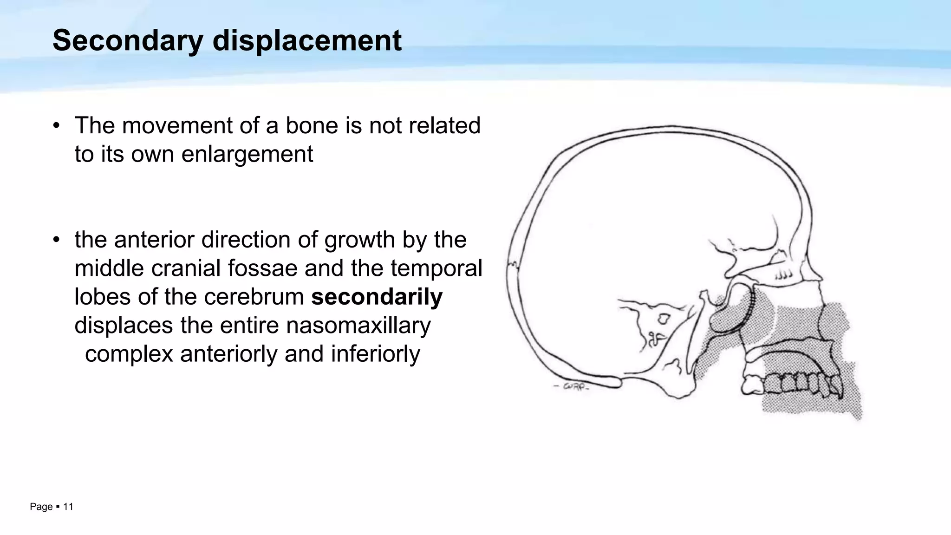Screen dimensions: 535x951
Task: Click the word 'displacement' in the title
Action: [x=307, y=41]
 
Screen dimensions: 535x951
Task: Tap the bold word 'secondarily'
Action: [x=377, y=297]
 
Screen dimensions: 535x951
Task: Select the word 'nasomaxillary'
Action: [x=358, y=325]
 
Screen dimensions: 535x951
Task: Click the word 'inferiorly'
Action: [x=375, y=354]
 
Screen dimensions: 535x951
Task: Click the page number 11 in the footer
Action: [x=68, y=507]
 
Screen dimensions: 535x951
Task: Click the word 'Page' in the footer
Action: [x=41, y=507]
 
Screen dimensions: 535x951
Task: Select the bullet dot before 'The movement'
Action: [x=56, y=126]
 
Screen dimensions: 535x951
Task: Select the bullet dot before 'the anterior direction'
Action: [x=56, y=240]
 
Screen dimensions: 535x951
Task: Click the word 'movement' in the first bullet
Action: [x=178, y=126]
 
